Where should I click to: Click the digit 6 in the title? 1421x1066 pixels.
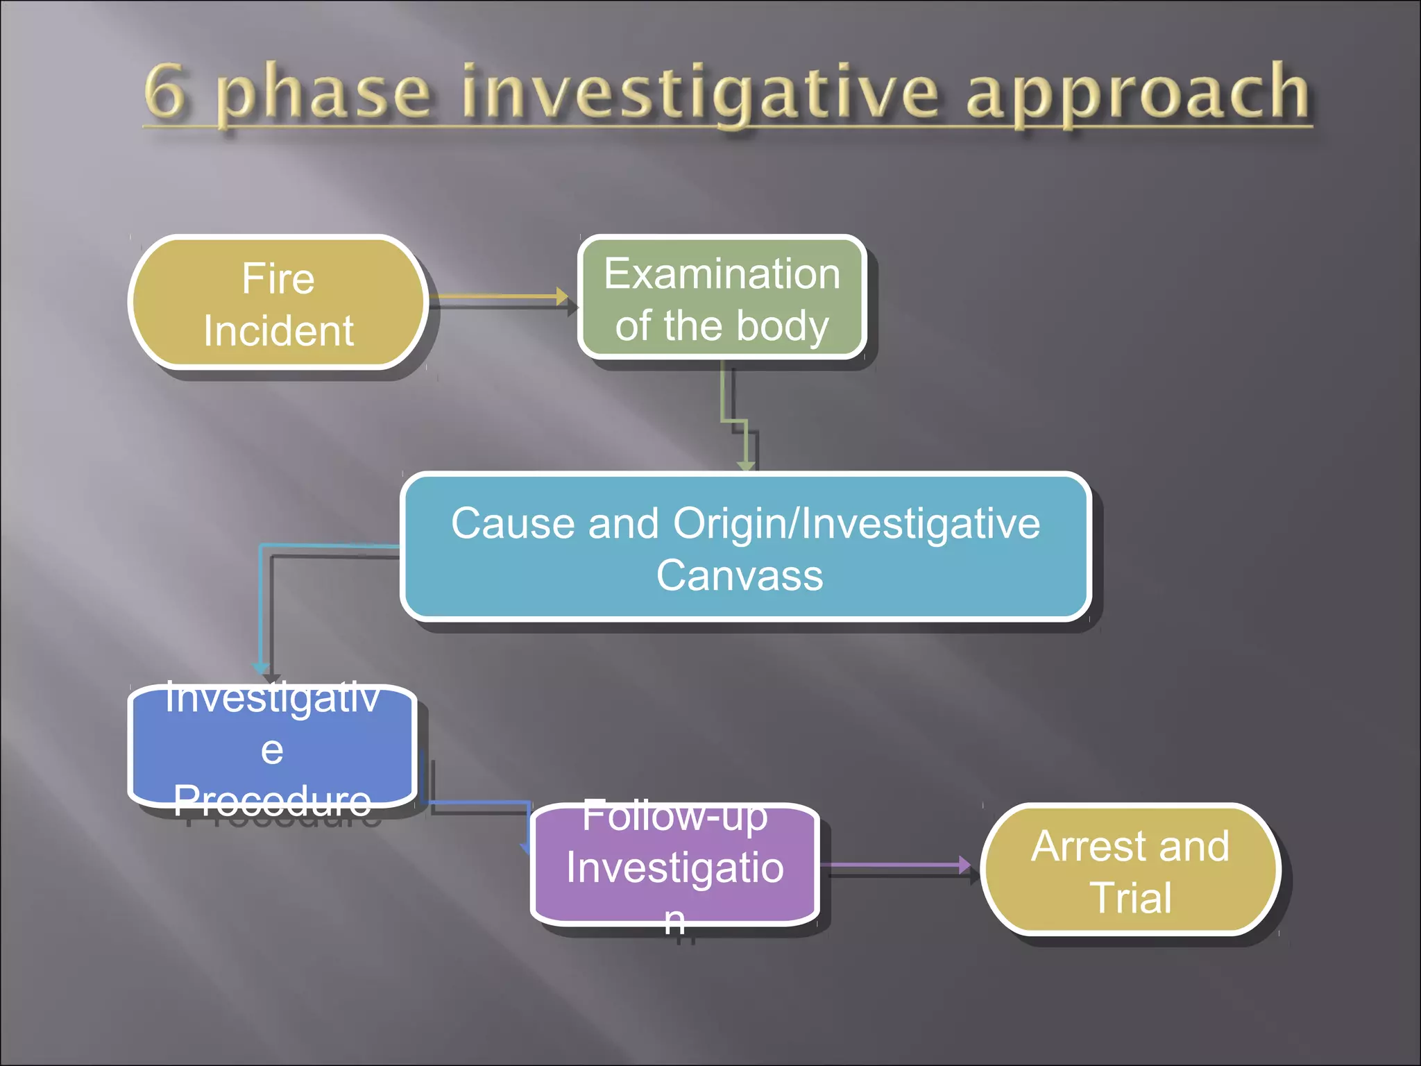point(165,92)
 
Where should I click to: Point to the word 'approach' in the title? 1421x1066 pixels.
point(1138,94)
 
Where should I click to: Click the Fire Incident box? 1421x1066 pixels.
point(278,303)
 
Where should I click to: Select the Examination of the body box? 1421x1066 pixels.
point(722,298)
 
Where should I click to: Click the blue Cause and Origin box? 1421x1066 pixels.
point(745,547)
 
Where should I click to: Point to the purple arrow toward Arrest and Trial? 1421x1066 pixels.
point(895,865)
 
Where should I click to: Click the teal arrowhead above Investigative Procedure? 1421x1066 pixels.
point(261,668)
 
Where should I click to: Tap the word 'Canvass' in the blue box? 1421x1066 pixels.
point(740,576)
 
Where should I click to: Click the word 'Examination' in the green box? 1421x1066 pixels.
point(722,274)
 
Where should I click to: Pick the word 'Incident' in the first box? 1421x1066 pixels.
point(279,331)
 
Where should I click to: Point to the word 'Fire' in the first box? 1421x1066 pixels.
point(278,279)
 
